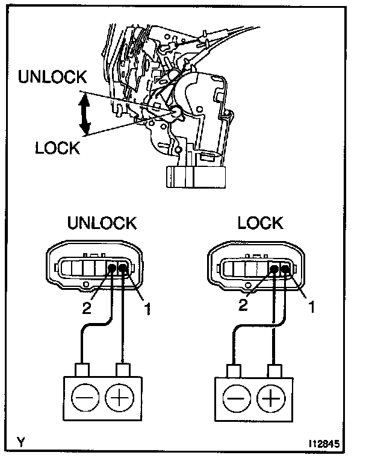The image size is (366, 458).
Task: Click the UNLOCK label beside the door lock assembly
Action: (x=52, y=77)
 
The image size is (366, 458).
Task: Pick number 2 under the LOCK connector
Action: (x=243, y=304)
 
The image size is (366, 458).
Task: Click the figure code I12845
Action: (x=327, y=445)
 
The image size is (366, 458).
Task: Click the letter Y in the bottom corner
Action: (x=21, y=443)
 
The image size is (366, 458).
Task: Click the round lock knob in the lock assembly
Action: (x=175, y=112)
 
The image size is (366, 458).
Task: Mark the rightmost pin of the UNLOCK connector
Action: (x=123, y=269)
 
